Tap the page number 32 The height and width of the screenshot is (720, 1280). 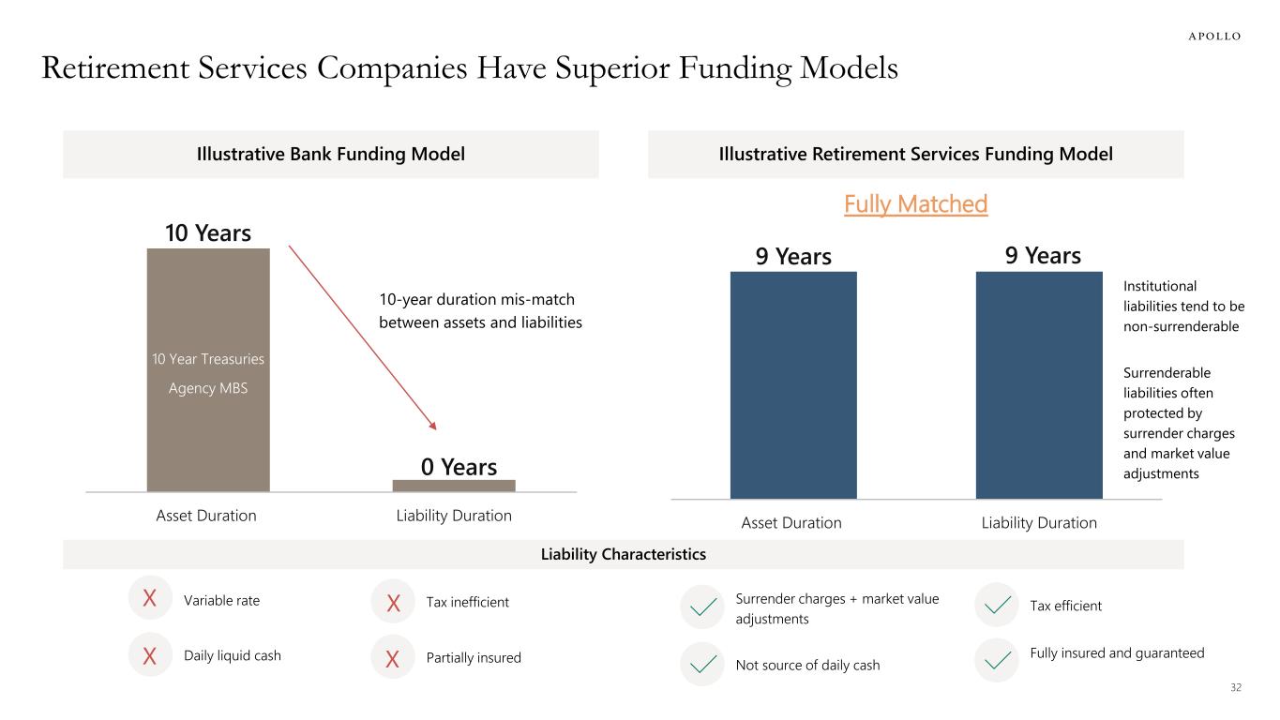click(1235, 688)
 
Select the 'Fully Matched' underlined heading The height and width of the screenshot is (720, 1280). click(915, 204)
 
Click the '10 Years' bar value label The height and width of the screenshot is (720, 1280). click(208, 232)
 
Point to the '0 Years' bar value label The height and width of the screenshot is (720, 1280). click(459, 466)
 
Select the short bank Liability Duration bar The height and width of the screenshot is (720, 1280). click(454, 486)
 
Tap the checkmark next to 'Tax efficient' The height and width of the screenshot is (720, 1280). click(996, 606)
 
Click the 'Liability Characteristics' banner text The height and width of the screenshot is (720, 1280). click(623, 555)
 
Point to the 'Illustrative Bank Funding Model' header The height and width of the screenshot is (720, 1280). click(330, 155)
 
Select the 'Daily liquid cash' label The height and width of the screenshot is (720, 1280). click(233, 656)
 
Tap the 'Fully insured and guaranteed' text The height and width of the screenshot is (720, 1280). click(1117, 652)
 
